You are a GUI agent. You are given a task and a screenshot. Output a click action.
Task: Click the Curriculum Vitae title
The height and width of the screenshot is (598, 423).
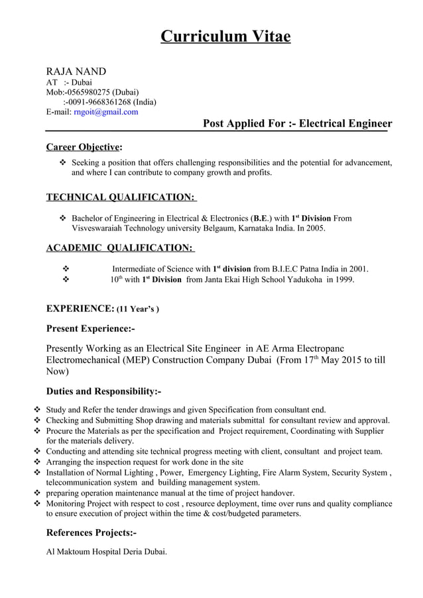point(225,36)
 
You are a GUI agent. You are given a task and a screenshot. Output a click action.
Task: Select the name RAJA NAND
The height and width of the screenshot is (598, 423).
point(76,72)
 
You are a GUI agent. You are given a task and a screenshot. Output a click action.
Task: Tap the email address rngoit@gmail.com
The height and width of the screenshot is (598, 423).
point(105,112)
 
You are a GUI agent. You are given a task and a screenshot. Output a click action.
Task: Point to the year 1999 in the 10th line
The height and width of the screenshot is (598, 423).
point(343,279)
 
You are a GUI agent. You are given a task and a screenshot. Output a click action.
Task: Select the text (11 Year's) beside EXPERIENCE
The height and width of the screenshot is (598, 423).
point(138,309)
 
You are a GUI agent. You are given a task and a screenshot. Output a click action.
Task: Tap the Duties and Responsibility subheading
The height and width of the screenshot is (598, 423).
point(103,391)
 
